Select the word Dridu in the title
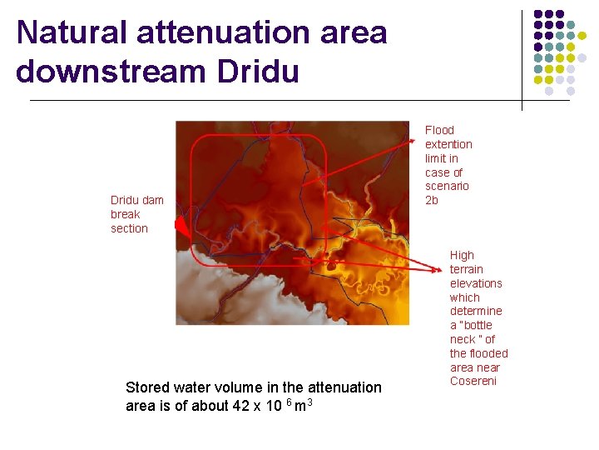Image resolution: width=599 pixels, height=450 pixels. (x=257, y=71)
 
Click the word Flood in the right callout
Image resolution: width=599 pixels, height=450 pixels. (x=439, y=130)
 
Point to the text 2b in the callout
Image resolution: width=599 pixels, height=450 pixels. (x=432, y=200)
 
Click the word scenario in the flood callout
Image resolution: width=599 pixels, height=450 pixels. (x=447, y=186)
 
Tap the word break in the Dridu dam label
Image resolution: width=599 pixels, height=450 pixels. (x=126, y=214)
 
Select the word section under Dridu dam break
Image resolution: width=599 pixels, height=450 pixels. (x=129, y=228)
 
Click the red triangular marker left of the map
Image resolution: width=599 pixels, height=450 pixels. (x=181, y=224)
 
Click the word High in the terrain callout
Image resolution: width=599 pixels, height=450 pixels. (x=462, y=255)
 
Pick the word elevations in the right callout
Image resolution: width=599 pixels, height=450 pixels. (x=476, y=283)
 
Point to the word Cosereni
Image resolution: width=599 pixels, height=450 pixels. (x=473, y=381)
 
